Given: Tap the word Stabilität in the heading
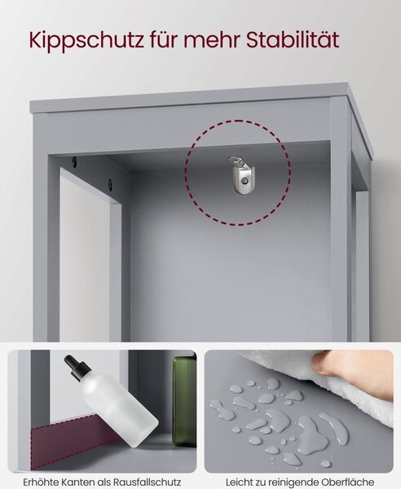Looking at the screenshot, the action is point(293,40).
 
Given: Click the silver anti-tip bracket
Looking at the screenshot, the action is point(241,175).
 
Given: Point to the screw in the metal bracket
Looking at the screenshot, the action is point(245,181).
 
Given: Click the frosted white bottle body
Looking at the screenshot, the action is point(118,412).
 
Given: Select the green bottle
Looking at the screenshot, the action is point(184,402).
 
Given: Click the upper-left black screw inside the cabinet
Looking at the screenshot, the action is point(74,161).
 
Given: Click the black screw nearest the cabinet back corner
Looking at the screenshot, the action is point(110,184).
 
